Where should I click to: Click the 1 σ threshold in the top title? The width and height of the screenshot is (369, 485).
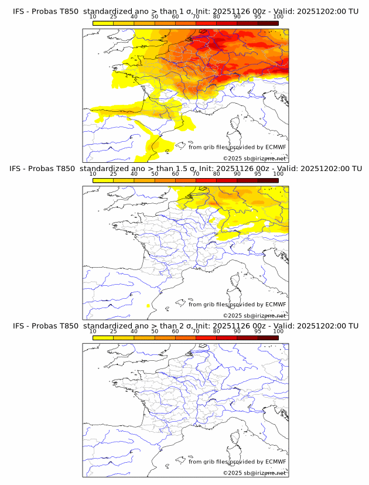point(184,11)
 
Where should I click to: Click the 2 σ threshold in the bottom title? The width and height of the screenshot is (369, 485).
point(184,326)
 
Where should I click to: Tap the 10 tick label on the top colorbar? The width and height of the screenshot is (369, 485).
point(93,17)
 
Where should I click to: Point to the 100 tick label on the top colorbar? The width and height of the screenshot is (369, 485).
point(278,17)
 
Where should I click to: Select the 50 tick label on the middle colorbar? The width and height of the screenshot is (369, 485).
point(155,174)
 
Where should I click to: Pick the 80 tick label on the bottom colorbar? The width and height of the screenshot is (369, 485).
point(217,331)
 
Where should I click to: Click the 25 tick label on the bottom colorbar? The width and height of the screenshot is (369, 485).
point(113,331)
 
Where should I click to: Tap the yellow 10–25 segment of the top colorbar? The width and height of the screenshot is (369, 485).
point(103,22)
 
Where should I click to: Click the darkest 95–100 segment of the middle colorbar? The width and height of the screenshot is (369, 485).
point(268,180)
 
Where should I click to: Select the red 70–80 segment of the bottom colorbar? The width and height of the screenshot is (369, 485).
point(206,337)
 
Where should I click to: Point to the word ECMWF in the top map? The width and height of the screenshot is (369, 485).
point(275,148)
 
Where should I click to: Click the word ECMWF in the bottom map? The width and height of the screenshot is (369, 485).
point(275,462)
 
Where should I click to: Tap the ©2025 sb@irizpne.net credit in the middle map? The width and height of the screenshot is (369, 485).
point(254,315)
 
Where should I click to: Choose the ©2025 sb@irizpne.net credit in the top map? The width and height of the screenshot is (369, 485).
point(254,158)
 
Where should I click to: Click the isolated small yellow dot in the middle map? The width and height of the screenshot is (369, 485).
point(148,306)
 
